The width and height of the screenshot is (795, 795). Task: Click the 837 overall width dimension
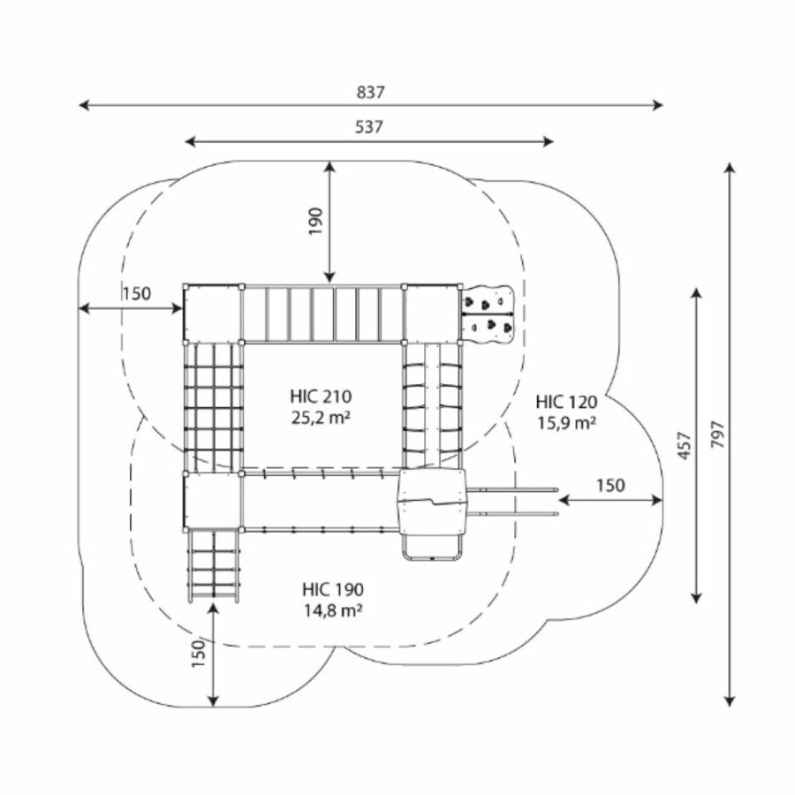point(372,92)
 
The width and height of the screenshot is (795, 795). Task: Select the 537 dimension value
point(370,127)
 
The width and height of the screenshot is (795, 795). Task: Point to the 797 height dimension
point(716,435)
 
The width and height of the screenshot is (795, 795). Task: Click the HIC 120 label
point(566,403)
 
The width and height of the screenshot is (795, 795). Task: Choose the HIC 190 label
point(332,589)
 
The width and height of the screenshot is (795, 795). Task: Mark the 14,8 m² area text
point(332,609)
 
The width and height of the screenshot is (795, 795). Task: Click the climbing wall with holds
point(487,314)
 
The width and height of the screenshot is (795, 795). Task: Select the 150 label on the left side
point(137,294)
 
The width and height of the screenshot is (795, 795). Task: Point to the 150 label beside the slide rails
point(610,485)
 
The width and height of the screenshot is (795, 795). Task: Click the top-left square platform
point(212,313)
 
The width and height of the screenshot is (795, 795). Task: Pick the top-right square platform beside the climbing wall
point(432,313)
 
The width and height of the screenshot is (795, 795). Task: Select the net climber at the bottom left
point(213,564)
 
